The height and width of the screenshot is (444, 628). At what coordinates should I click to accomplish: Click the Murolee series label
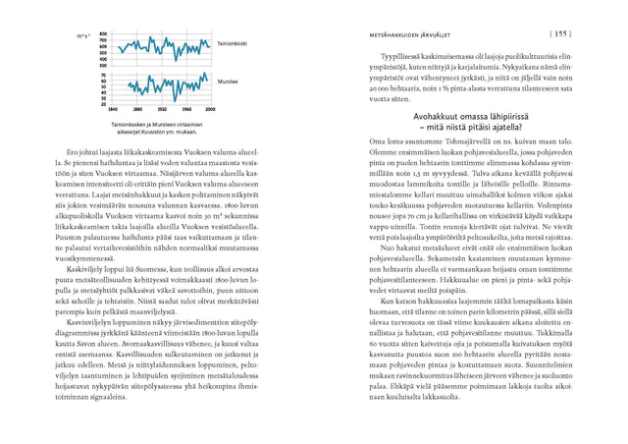(226, 83)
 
